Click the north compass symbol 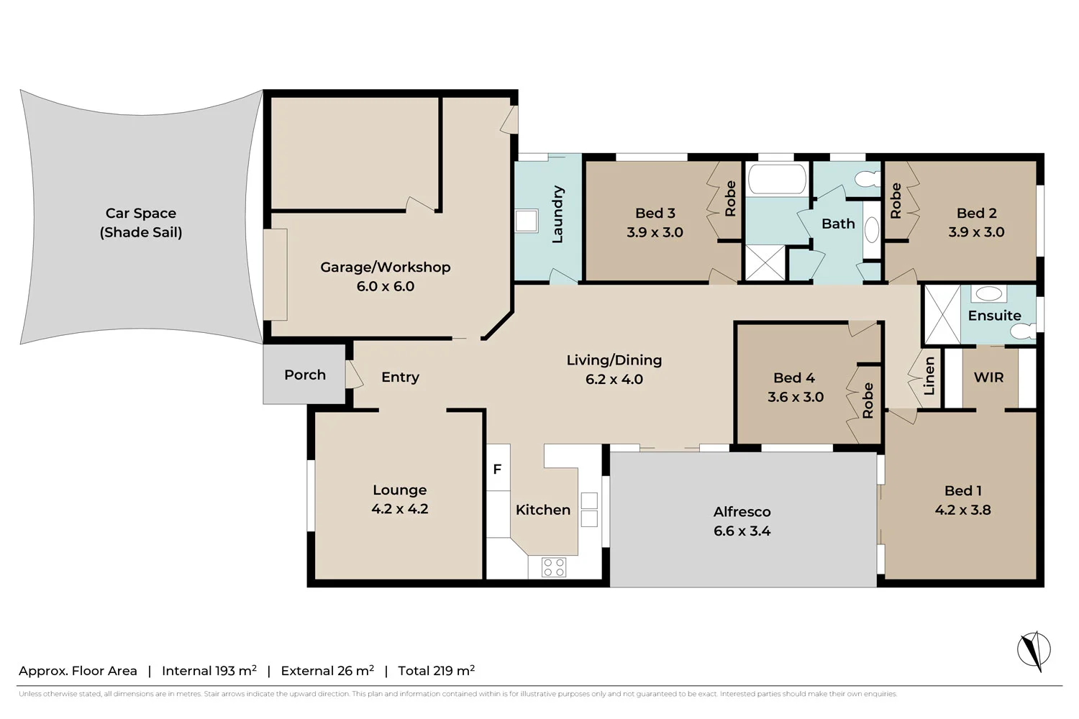[1034, 650]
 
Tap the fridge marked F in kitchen [498, 469]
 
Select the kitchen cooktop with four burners [553, 567]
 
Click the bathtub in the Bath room [776, 180]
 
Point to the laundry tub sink [527, 221]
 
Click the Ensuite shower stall [942, 315]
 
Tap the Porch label [305, 375]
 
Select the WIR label [988, 377]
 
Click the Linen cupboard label [929, 376]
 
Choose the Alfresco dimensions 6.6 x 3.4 [742, 531]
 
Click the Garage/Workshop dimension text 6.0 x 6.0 [386, 286]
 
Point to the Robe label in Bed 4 [868, 400]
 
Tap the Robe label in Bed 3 [730, 198]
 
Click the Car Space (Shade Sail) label [141, 222]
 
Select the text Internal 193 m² [209, 671]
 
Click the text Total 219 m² [437, 671]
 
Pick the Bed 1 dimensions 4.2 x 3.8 [962, 510]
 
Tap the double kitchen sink [589, 510]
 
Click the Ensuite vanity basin [989, 293]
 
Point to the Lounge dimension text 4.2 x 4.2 [400, 509]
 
